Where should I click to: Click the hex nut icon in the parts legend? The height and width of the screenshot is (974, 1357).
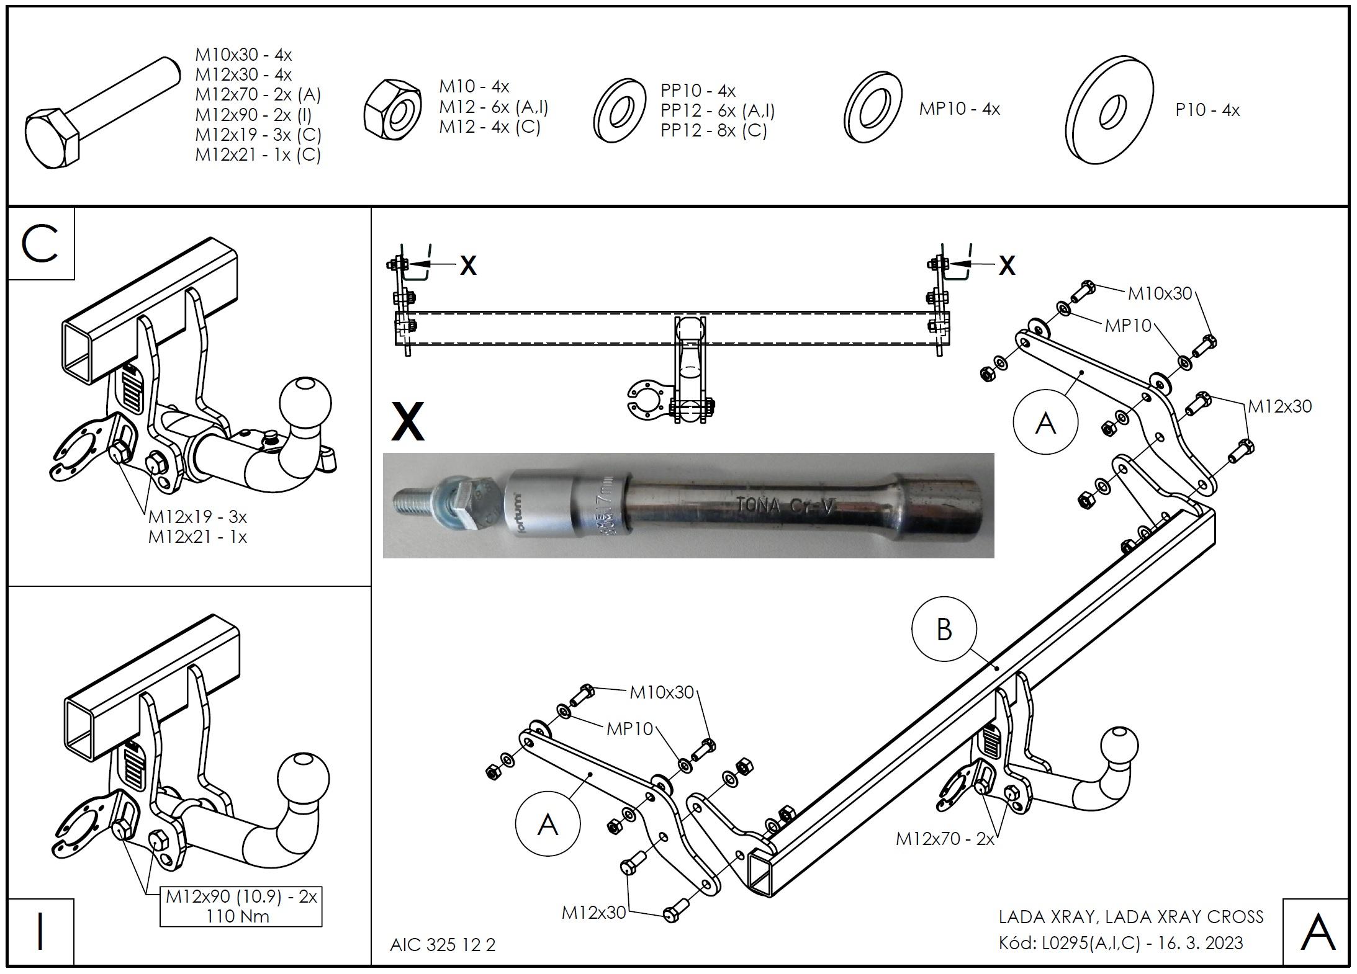[x=392, y=110]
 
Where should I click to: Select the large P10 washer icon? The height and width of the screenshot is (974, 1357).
[x=1109, y=110]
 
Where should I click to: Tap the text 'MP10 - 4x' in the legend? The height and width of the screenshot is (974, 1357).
[x=959, y=109]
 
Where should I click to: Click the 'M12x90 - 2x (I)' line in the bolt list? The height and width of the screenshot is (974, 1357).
[x=253, y=115]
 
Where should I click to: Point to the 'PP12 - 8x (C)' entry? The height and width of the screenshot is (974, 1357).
[x=713, y=130]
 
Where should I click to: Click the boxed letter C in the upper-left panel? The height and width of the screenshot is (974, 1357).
[x=40, y=244]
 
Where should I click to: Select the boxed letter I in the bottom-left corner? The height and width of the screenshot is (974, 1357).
[x=40, y=931]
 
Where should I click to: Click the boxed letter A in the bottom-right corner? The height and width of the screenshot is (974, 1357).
[x=1317, y=931]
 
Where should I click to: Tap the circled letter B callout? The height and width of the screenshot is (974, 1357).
[x=944, y=630]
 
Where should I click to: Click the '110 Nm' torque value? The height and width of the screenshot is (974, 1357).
[x=238, y=916]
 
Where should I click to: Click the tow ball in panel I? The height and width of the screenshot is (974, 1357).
[x=303, y=779]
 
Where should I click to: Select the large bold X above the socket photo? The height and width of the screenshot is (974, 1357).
[x=408, y=421]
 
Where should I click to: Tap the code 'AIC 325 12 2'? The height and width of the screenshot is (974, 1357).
[x=443, y=945]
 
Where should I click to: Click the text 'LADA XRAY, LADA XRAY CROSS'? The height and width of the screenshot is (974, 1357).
[x=1130, y=917]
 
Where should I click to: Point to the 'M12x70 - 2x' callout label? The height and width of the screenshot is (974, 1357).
[x=944, y=839]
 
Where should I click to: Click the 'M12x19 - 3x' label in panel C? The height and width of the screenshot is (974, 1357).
[x=197, y=516]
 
